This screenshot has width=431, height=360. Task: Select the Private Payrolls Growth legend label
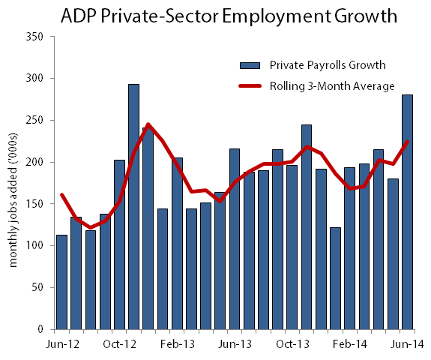coord(317,64)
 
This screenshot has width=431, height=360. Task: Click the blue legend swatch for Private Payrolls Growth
coord(249,64)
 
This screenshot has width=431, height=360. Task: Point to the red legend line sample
coord(249,86)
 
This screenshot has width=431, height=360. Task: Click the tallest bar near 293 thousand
coord(133,207)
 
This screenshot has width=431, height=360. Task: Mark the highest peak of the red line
coord(148,124)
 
